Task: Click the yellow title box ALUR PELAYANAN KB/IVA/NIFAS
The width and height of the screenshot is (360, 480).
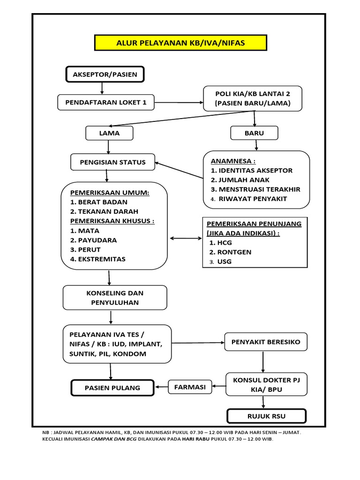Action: (180, 44)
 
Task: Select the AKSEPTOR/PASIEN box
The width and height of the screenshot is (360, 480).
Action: (105, 75)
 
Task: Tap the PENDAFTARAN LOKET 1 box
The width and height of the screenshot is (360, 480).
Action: (106, 102)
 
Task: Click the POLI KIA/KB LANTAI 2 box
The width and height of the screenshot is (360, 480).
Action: (253, 98)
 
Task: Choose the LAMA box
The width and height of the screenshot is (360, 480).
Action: (109, 133)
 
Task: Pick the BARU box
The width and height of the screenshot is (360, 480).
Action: (254, 133)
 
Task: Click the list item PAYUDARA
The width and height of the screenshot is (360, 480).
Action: (94, 240)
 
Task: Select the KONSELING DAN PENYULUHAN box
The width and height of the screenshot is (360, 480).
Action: (115, 298)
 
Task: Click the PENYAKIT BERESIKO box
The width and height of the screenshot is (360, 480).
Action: (266, 342)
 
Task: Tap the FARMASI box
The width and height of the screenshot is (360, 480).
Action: (190, 387)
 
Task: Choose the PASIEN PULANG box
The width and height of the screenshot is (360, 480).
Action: (112, 388)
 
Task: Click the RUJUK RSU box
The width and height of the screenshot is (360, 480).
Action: (266, 416)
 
